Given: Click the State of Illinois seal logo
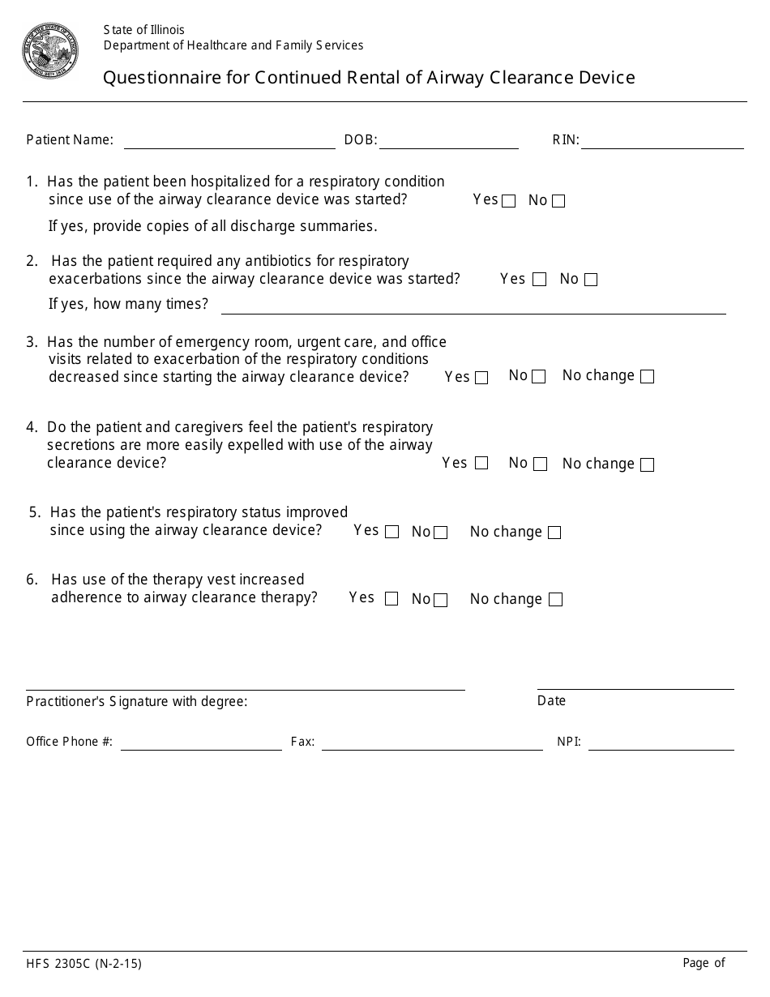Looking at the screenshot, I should [x=50, y=50].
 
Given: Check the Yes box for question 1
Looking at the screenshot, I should [x=509, y=202].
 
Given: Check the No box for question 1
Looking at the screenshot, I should [x=558, y=202].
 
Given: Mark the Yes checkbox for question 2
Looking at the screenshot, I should [x=540, y=280].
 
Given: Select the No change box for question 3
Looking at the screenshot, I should [x=647, y=377].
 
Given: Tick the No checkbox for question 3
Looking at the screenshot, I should [x=539, y=377].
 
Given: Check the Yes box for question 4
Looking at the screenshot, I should [x=481, y=464].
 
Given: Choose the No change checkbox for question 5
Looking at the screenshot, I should [x=554, y=533].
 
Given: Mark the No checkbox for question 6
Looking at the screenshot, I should [x=441, y=601].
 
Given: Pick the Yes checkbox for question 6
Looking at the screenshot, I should [x=391, y=600].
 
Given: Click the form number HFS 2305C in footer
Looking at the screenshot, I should [x=83, y=965].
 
